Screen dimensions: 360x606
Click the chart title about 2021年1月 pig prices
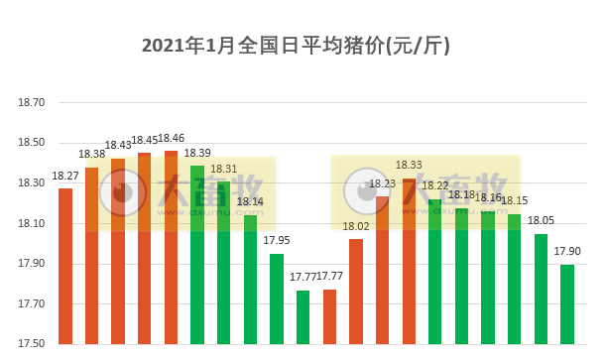point(303,46)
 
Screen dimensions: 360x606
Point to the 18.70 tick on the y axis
point(32,102)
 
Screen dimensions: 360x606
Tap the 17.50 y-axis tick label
point(32,344)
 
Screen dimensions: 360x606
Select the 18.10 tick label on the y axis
point(32,223)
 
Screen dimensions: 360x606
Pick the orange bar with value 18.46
point(171,248)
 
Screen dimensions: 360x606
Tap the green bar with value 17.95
point(277,299)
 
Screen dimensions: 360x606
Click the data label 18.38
point(92,154)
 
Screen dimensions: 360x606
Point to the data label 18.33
point(409,165)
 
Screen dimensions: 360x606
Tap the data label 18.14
point(250,201)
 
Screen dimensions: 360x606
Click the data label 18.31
point(223,169)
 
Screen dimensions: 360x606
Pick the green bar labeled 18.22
point(435,272)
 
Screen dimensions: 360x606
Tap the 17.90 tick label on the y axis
point(32,264)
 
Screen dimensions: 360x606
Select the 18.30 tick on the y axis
point(32,182)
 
